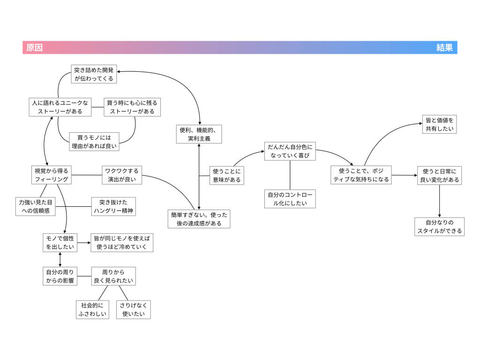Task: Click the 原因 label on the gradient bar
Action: click(34, 48)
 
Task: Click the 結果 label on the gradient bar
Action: click(444, 48)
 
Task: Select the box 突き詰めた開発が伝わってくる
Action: click(94, 74)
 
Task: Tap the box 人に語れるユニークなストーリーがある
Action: click(60, 107)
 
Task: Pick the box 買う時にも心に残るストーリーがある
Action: click(132, 107)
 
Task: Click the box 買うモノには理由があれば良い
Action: click(94, 142)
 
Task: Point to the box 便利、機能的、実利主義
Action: click(199, 134)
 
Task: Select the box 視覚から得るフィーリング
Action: click(52, 175)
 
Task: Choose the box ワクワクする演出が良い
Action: click(122, 175)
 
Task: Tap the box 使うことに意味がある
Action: click(227, 176)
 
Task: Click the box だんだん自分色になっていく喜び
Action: click(290, 151)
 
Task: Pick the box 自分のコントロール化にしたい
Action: click(290, 199)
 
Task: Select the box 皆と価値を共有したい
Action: click(440, 124)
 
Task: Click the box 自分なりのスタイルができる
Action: click(440, 226)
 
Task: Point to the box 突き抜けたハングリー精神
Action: click(113, 207)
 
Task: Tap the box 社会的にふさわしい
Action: click(92, 310)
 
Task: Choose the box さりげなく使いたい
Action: click(134, 310)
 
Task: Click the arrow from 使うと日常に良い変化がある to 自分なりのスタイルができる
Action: click(440, 201)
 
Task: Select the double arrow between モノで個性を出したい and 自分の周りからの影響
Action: click(60, 260)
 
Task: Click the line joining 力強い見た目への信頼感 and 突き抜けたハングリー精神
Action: click(74, 207)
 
